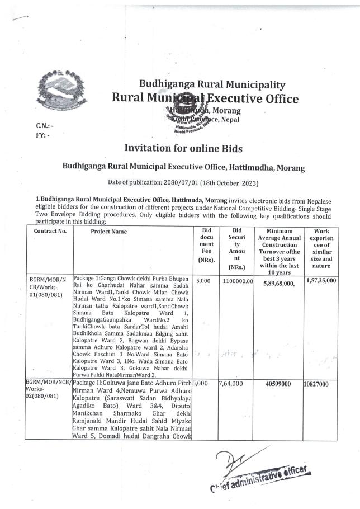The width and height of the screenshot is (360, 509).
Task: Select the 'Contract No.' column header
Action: point(50,231)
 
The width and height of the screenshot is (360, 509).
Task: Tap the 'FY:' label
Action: point(41,135)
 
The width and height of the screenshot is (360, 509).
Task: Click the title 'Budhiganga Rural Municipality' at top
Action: point(212,85)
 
